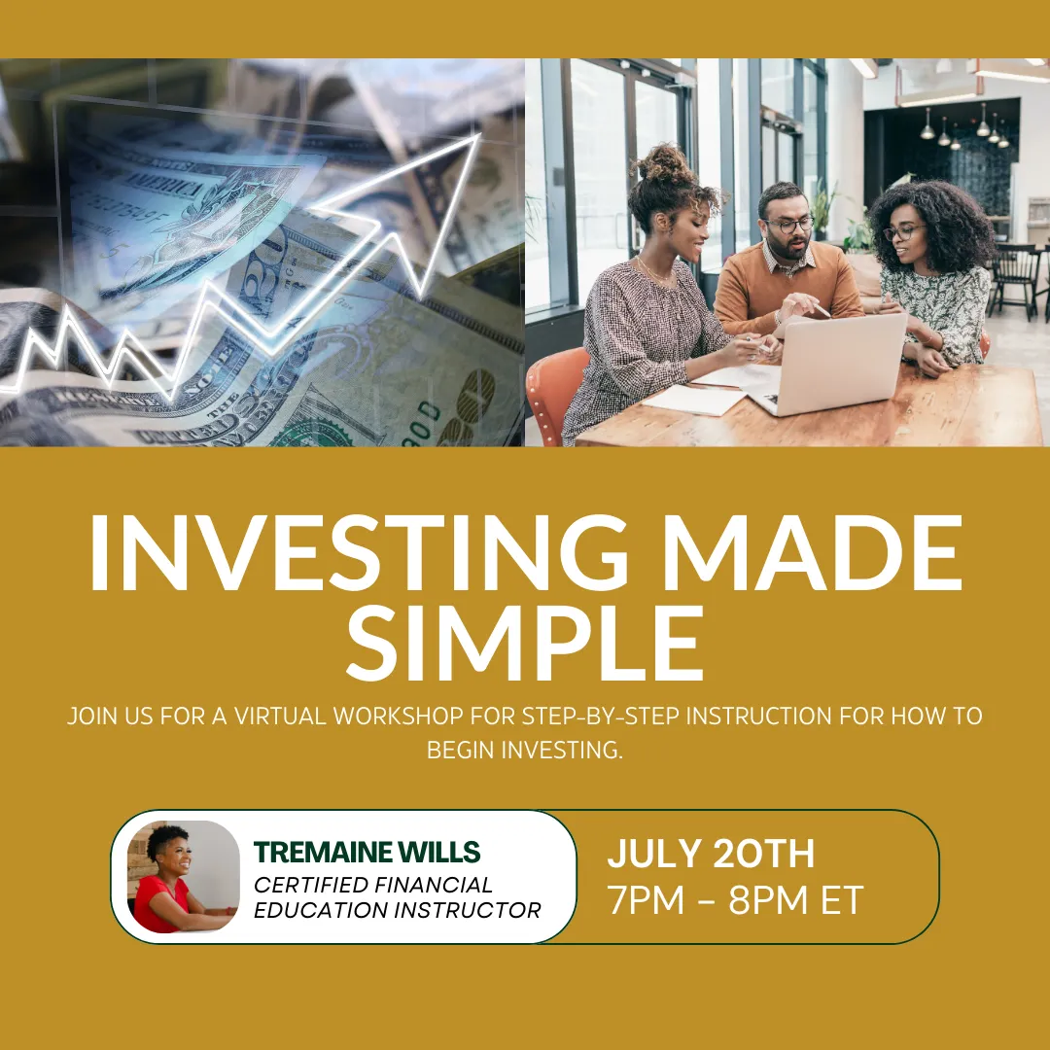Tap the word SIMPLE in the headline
tap(525, 643)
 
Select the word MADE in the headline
tap(812, 552)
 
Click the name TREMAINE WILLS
tap(367, 852)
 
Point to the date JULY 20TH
tap(711, 854)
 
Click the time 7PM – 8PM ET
tap(735, 900)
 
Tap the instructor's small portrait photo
tap(184, 876)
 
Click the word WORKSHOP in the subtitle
tap(398, 716)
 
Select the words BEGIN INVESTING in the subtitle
tap(525, 750)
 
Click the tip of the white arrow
tap(479, 134)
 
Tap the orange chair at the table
tap(555, 395)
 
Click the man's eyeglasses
tap(790, 225)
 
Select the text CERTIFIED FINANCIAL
tap(373, 885)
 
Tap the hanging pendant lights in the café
tap(964, 126)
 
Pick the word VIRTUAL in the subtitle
tap(279, 716)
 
